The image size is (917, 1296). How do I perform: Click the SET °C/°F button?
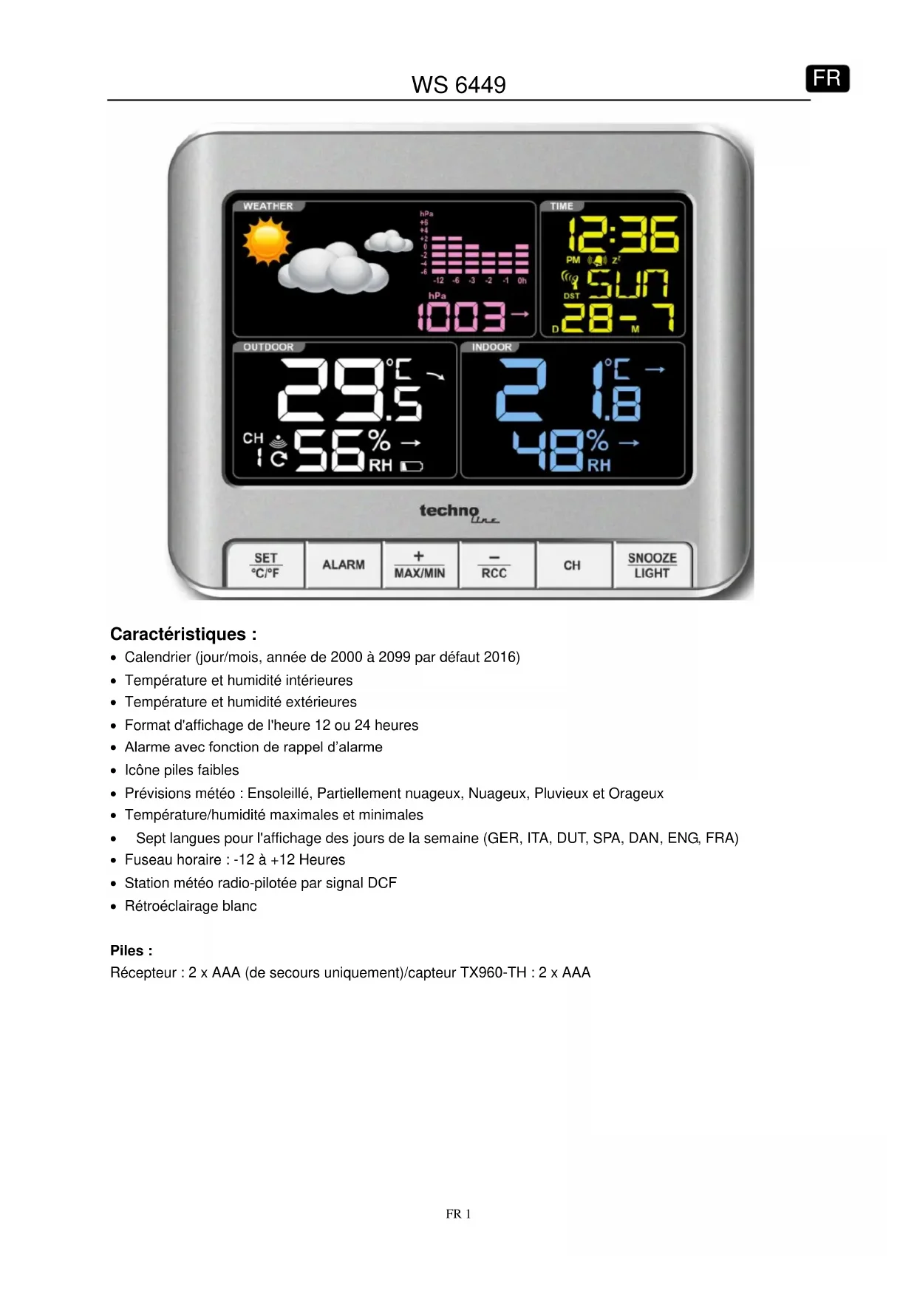pos(265,565)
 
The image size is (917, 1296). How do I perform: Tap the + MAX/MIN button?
pos(419,565)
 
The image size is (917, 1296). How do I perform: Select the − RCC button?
pos(494,565)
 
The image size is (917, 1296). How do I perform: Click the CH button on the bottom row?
pos(572,565)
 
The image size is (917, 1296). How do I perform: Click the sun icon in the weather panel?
pos(266,243)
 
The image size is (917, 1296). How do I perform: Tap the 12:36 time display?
pos(622,235)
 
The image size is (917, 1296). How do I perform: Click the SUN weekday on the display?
pos(627,283)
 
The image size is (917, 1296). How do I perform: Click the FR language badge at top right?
pos(827,78)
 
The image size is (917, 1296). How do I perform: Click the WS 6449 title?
pos(458,85)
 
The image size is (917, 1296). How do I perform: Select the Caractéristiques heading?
pos(183,634)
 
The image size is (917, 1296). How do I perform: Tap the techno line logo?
pos(458,512)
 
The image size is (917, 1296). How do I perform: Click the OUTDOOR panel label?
pos(268,347)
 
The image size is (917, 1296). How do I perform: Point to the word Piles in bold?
pos(131,951)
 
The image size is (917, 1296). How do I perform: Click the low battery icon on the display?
pos(412,466)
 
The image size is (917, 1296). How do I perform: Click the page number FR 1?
pos(458,1214)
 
